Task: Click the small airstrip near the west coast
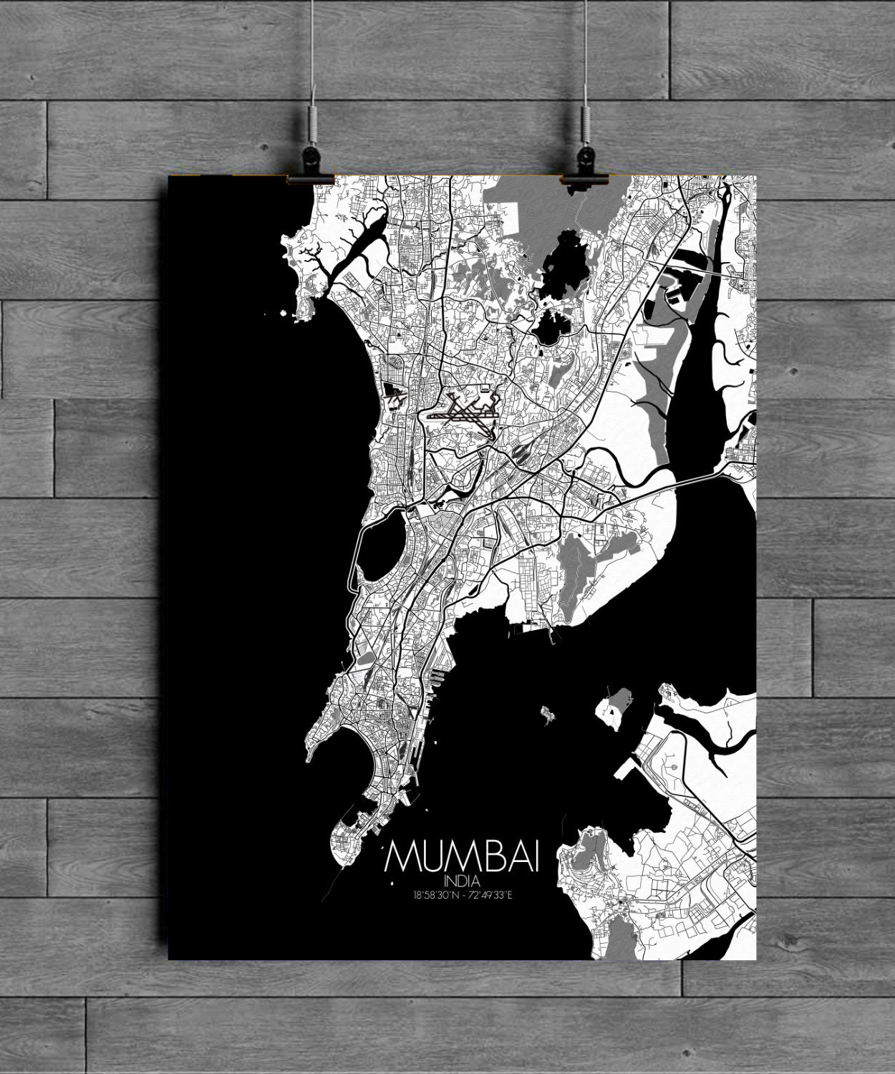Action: click(395, 390)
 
